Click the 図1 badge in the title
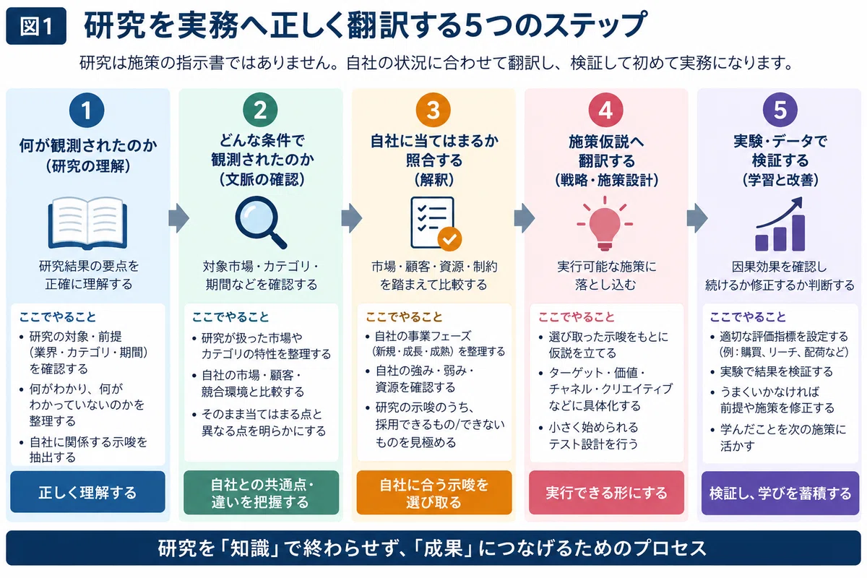(x=36, y=26)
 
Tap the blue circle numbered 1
(x=87, y=111)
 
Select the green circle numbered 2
(x=260, y=111)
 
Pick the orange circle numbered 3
(x=433, y=111)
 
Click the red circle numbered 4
(x=605, y=111)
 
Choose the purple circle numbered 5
(x=780, y=111)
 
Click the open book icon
(x=87, y=223)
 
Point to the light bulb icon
(x=605, y=223)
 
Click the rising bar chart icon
(x=780, y=224)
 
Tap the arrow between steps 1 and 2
(x=179, y=218)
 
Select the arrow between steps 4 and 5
(x=697, y=218)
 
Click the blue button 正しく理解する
(x=88, y=492)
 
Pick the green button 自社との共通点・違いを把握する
(x=262, y=493)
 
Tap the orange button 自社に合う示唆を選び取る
(x=434, y=493)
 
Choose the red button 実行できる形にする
(x=606, y=493)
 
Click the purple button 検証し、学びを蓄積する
(x=780, y=493)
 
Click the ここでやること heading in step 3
(x=404, y=317)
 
